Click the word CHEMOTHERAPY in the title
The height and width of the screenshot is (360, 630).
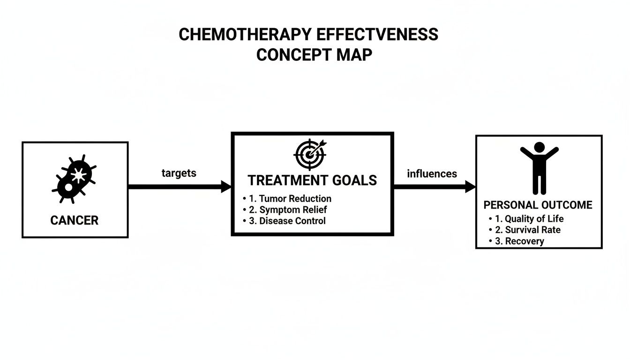[244, 35]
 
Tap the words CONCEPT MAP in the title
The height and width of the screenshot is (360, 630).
[314, 55]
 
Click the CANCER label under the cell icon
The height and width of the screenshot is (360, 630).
[75, 220]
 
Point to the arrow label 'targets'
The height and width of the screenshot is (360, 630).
[179, 173]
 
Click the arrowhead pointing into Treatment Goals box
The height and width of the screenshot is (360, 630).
[226, 187]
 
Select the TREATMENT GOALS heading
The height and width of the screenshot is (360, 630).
[312, 180]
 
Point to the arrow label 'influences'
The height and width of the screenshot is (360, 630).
[432, 174]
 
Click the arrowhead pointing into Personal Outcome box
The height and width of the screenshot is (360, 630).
[470, 187]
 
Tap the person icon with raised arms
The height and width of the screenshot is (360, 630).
[539, 169]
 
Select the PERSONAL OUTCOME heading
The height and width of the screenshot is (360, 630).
[538, 205]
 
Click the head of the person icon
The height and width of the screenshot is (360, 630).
[540, 147]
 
